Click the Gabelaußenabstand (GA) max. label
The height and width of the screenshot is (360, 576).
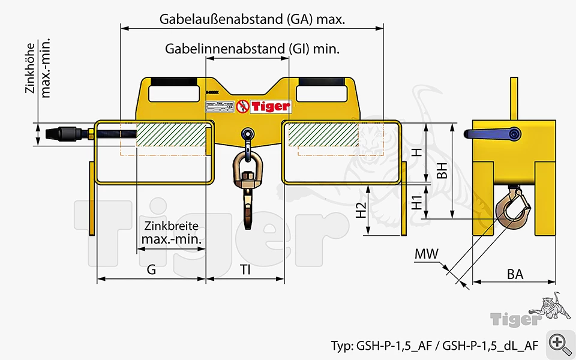[x=252, y=19]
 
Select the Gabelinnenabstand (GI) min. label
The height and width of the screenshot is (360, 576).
[x=253, y=49]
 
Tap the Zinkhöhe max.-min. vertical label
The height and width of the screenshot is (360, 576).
[x=38, y=67]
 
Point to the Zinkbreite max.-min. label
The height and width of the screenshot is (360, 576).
[x=172, y=233]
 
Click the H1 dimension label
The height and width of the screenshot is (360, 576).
[x=416, y=201]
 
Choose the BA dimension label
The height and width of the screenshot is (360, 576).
[x=515, y=274]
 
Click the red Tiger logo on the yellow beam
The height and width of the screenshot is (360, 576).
[x=263, y=107]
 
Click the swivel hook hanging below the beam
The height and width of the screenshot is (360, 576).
[x=247, y=180]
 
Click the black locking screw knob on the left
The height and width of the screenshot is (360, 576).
[x=67, y=133]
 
